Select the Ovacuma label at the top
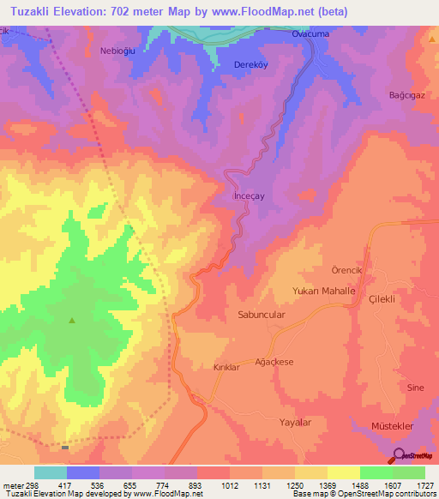point(311,33)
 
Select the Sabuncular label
point(261,315)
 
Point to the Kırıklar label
point(228,367)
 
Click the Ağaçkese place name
point(274,362)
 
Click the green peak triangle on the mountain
point(72,322)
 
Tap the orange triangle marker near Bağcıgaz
point(430,39)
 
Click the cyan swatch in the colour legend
point(50,472)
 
